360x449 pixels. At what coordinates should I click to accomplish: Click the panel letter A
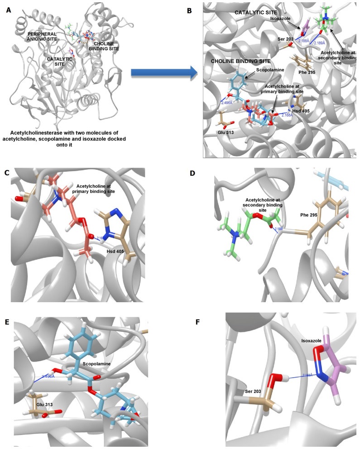9,9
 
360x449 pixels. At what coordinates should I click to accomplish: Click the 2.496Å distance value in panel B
229,102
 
